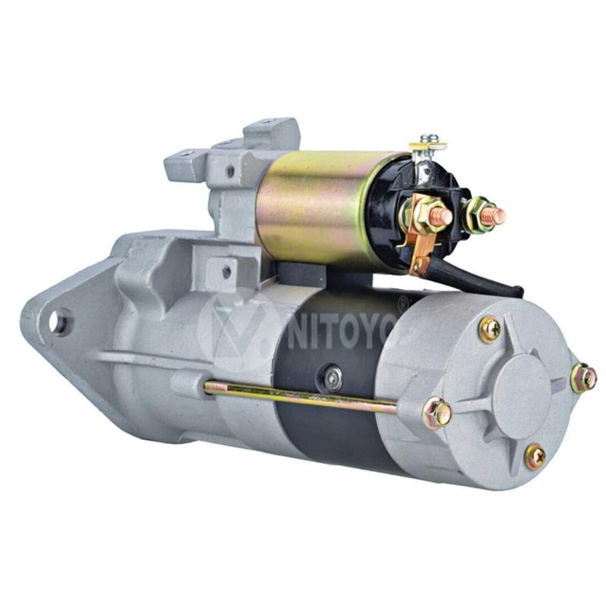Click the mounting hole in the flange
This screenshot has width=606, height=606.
pos(59,321)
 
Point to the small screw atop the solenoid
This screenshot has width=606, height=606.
pos(430,139)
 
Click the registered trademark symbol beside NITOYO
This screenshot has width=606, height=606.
pos(402,300)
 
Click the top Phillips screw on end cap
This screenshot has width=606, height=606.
pos(490,330)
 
